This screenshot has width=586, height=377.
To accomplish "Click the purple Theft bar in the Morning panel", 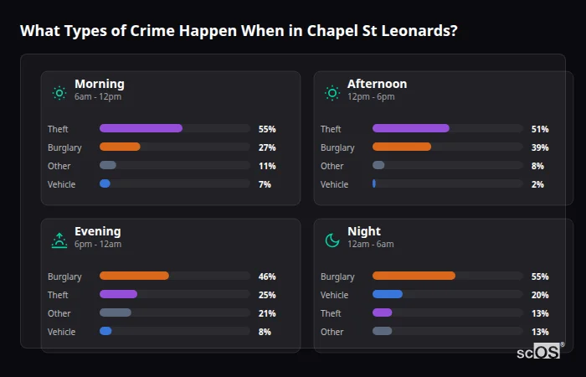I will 141,128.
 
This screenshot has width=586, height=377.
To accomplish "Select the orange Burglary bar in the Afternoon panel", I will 402,147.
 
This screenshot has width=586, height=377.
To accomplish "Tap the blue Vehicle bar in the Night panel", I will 388,294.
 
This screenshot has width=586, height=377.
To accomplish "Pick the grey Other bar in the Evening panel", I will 116,312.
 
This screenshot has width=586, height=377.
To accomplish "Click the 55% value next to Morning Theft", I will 267,129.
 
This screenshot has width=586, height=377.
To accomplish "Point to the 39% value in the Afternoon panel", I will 540,147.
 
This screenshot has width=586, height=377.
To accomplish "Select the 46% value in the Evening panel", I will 267,276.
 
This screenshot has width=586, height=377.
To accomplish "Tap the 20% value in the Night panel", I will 540,295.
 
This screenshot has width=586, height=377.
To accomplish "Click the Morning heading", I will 99,84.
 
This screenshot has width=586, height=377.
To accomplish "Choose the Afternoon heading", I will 377,84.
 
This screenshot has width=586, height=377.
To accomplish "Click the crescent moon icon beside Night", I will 332,240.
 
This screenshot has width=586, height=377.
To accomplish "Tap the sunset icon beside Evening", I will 59,240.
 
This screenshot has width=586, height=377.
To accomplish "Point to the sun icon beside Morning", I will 59,93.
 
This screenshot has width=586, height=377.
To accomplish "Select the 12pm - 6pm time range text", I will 371,97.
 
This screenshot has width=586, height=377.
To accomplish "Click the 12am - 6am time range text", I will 370,245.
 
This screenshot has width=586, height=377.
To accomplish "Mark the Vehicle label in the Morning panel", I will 61,184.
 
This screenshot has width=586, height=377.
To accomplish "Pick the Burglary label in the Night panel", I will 337,276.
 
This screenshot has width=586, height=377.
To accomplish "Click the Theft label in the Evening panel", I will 59,295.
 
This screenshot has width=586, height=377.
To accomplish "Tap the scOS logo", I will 539,353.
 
